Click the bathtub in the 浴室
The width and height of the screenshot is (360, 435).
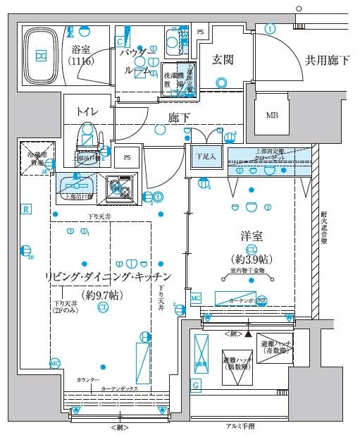43,55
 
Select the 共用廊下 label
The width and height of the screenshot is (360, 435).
326,61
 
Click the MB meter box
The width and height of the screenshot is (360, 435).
271,116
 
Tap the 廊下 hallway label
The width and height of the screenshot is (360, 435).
179,118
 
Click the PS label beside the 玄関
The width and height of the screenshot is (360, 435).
201,32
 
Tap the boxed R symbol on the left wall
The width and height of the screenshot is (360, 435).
25,209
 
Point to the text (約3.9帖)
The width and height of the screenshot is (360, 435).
252,259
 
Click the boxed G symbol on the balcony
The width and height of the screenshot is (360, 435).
195,385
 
